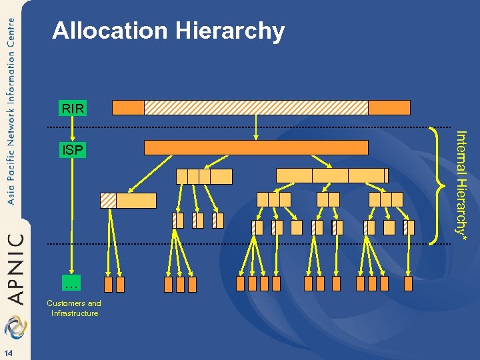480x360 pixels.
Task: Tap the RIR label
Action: pyautogui.click(x=72, y=108)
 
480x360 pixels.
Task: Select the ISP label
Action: pyautogui.click(x=72, y=151)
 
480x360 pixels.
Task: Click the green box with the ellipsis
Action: pyautogui.click(x=72, y=285)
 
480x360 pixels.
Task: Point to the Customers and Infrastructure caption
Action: pyautogui.click(x=74, y=308)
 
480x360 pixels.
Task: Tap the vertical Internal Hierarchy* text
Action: pyautogui.click(x=460, y=181)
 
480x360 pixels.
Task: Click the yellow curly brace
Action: pyautogui.click(x=438, y=182)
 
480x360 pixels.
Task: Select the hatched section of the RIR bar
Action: pyautogui.click(x=256, y=107)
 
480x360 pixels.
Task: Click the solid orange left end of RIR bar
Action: pyautogui.click(x=128, y=107)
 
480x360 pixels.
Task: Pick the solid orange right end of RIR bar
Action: pyautogui.click(x=389, y=107)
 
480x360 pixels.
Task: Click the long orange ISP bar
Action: pyautogui.click(x=256, y=148)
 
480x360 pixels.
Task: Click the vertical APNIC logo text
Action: pyautogui.click(x=16, y=267)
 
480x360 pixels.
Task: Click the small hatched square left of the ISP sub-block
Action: pyautogui.click(x=108, y=201)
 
